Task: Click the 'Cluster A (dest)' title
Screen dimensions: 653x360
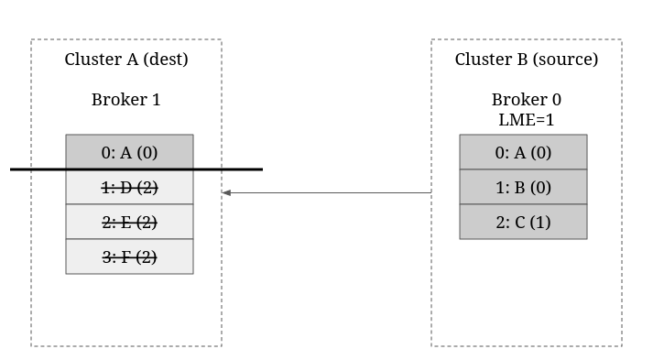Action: pyautogui.click(x=126, y=60)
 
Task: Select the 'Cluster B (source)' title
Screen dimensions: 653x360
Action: pyautogui.click(x=527, y=60)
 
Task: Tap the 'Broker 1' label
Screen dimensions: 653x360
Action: pyautogui.click(x=126, y=100)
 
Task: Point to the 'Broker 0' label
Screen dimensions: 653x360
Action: pyautogui.click(x=527, y=100)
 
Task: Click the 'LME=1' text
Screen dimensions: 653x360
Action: pyautogui.click(x=527, y=120)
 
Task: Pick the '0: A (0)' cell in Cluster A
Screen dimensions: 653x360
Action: pyautogui.click(x=129, y=152)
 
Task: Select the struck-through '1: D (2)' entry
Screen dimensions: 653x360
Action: pyautogui.click(x=129, y=188)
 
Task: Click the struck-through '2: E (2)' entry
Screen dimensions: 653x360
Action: pyautogui.click(x=129, y=222)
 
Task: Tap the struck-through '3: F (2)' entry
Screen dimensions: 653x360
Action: pyautogui.click(x=129, y=256)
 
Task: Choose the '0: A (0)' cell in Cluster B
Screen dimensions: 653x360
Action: pyautogui.click(x=524, y=152)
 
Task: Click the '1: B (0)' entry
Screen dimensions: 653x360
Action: pyautogui.click(x=524, y=187)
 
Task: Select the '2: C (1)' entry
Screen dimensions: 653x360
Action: pyautogui.click(x=524, y=222)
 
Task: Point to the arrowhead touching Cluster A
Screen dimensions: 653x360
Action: pyautogui.click(x=226, y=192)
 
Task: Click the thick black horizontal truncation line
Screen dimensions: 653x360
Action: pyautogui.click(x=136, y=169)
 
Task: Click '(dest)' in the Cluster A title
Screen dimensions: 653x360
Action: pyautogui.click(x=166, y=60)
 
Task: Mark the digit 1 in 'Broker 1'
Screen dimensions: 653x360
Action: pyautogui.click(x=157, y=100)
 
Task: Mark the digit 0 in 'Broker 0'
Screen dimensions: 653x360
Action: pyautogui.click(x=557, y=100)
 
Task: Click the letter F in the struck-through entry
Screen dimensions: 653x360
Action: pyautogui.click(x=125, y=257)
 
